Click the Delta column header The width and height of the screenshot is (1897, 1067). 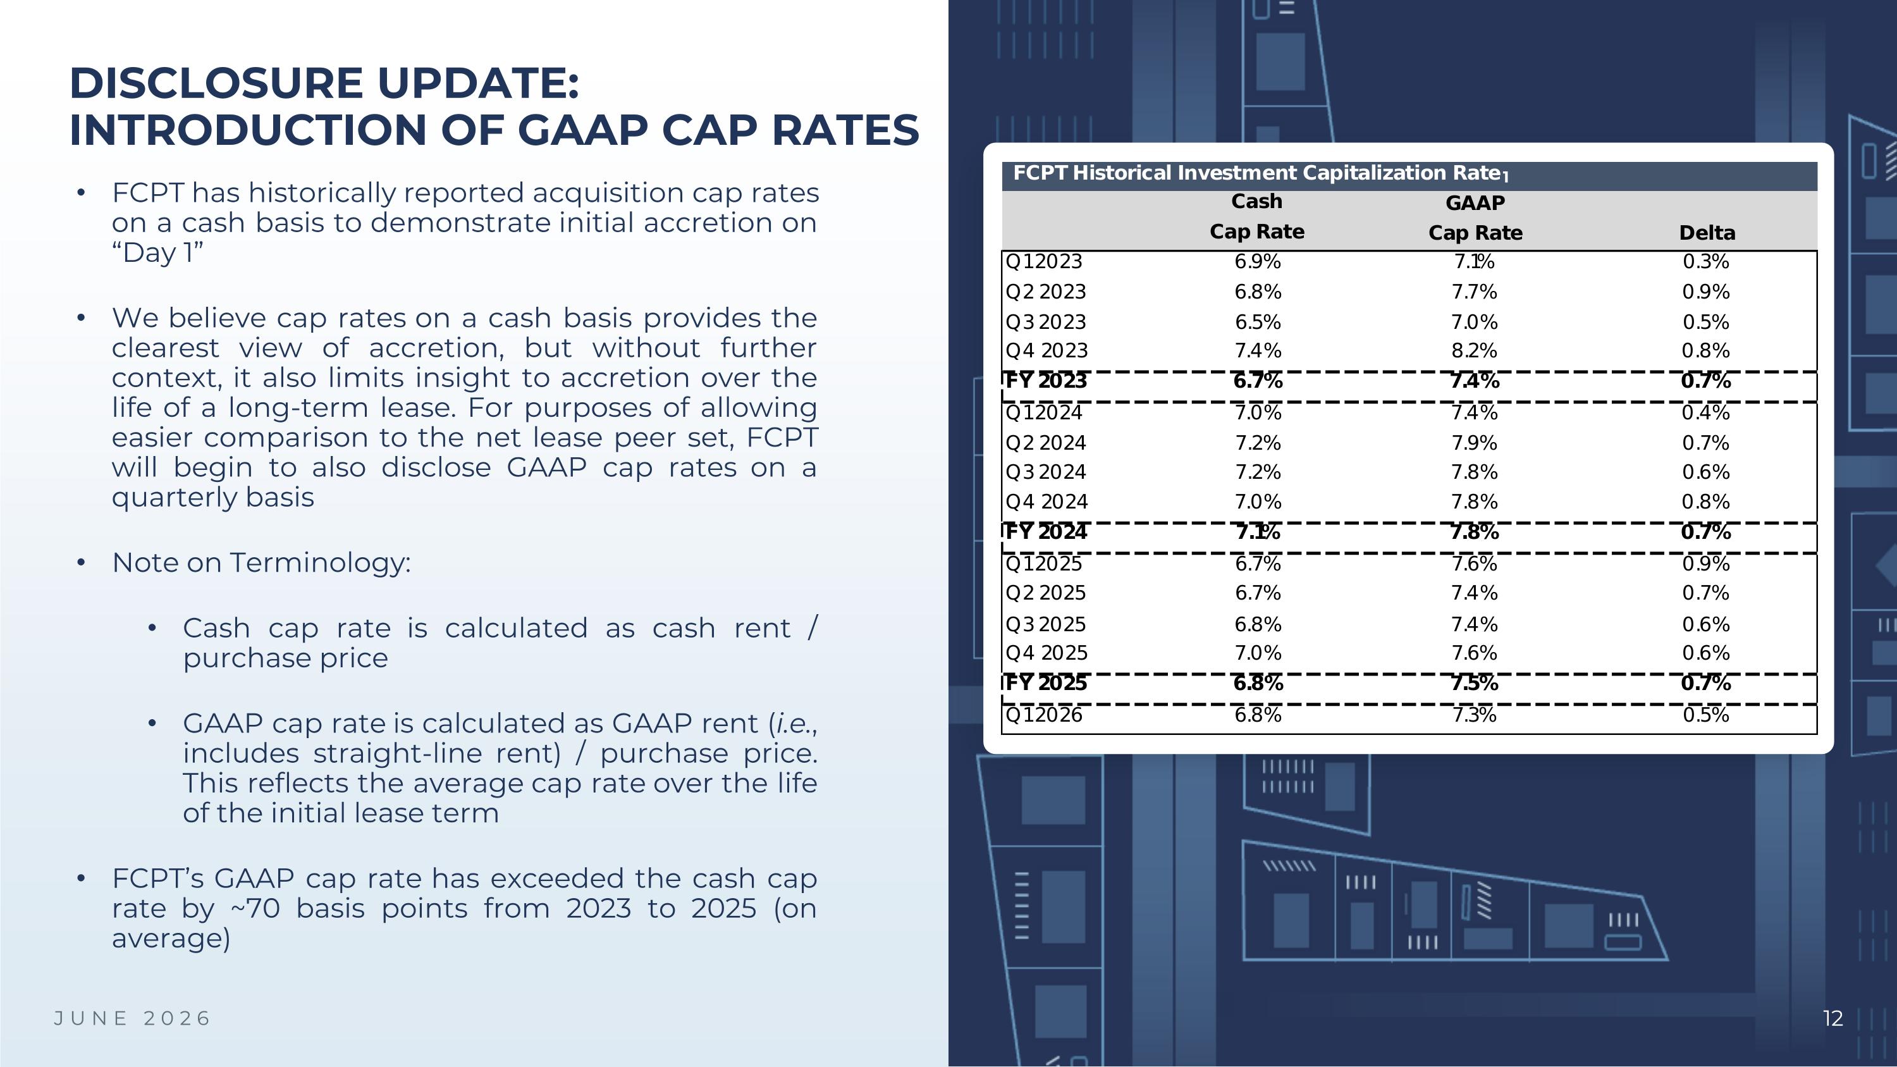1707,233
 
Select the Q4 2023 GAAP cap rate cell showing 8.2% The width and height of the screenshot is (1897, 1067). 1475,351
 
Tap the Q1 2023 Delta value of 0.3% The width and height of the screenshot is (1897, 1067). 1705,261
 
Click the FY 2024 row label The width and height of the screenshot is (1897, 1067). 1046,532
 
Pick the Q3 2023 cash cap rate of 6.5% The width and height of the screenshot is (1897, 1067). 1258,323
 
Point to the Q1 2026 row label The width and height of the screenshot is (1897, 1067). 1043,715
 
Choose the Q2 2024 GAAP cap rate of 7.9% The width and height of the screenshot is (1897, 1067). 1475,443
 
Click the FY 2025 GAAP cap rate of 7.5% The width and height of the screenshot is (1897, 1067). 1475,683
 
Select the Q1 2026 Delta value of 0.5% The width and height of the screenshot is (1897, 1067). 1705,715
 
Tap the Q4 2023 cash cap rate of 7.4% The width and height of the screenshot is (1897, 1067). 1258,351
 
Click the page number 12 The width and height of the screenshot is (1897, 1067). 1833,1018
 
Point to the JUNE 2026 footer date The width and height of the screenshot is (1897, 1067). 133,1018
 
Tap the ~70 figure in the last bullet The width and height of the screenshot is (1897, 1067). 255,909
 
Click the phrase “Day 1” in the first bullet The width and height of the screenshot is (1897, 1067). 157,252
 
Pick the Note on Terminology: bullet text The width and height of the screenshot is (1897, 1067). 261,562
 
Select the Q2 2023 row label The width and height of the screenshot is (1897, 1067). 1045,292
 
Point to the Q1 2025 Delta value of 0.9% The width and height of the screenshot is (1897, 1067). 1705,564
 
